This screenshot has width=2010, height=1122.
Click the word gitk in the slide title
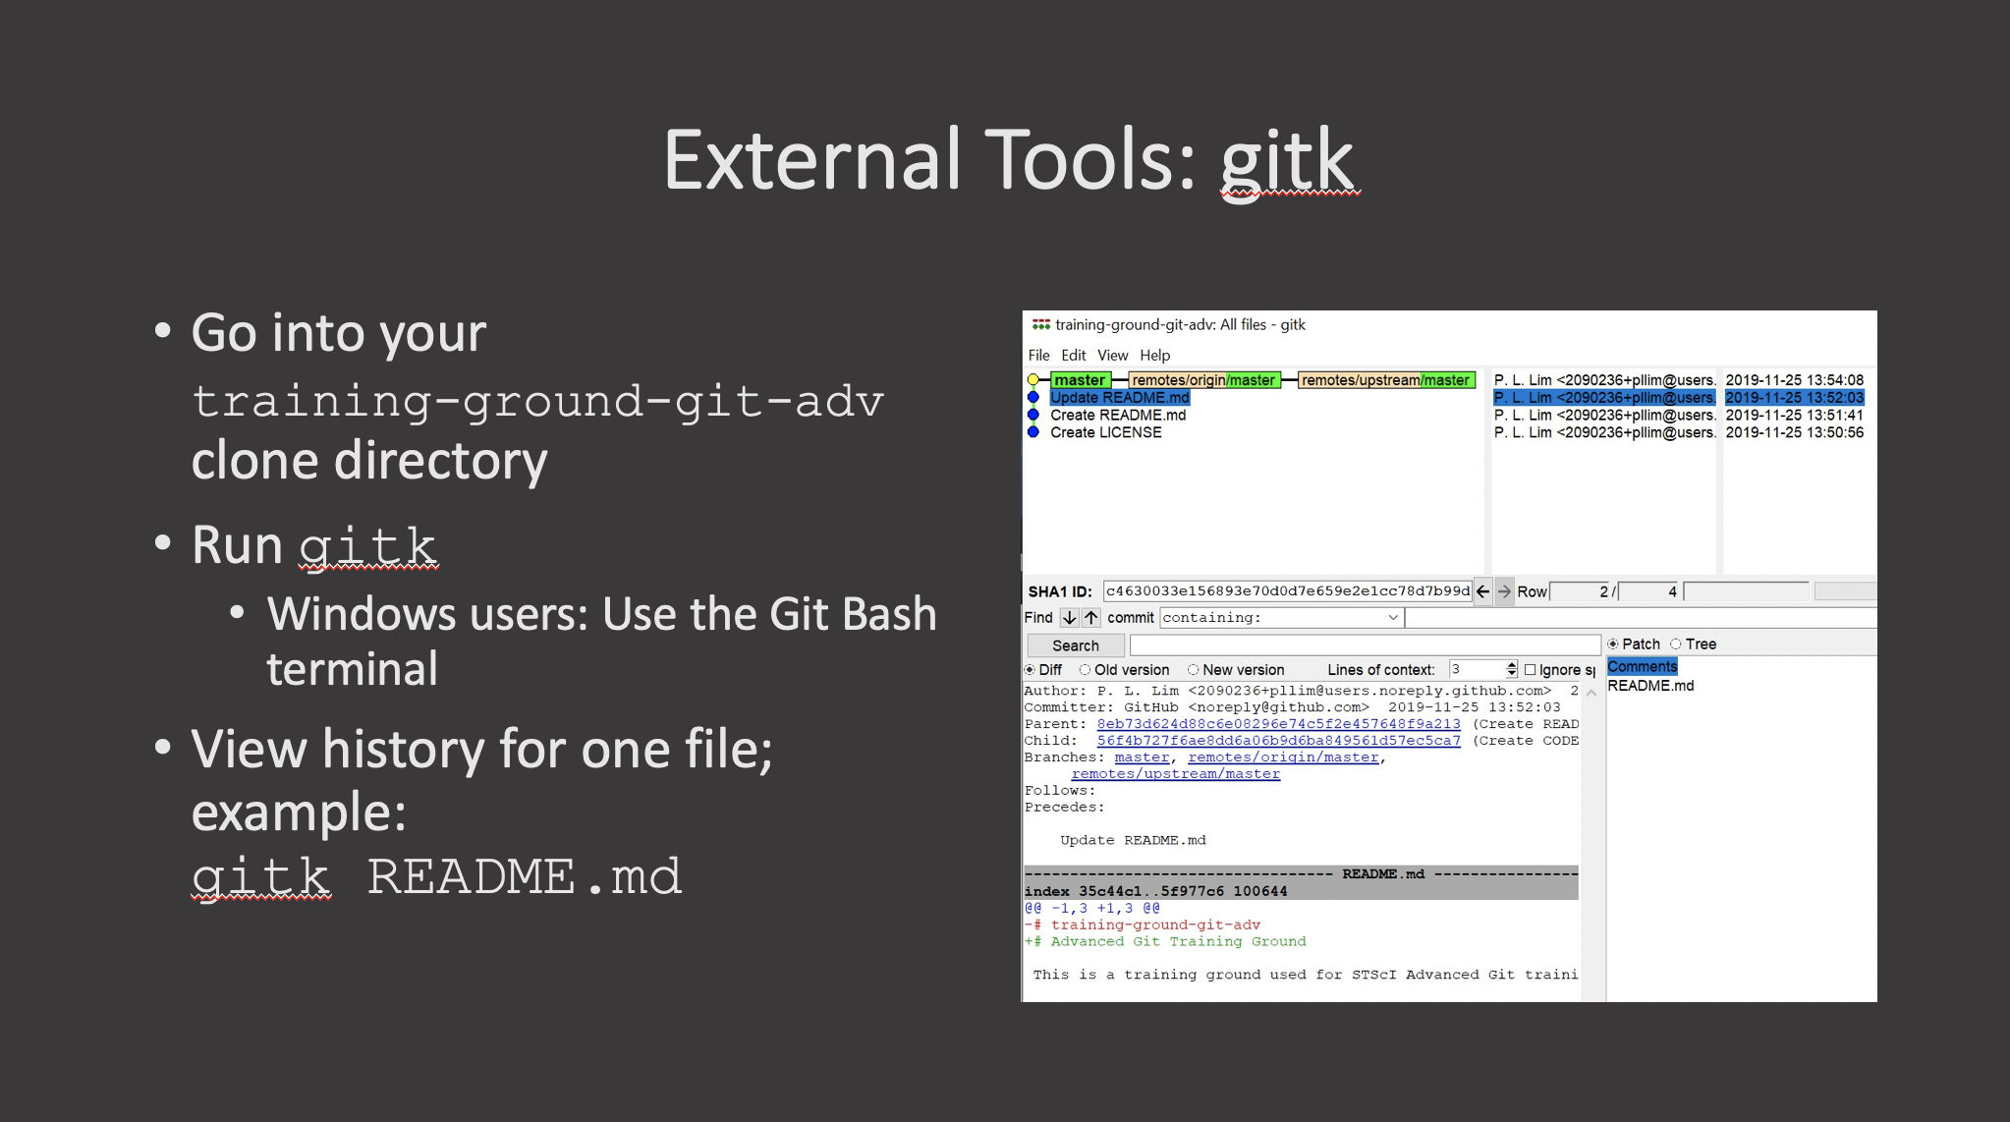tap(1287, 160)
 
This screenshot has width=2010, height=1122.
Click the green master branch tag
tap(1080, 380)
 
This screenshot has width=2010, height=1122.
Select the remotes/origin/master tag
tap(1203, 380)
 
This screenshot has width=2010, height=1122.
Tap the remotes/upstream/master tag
tap(1386, 380)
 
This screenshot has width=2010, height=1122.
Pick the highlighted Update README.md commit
tap(1119, 398)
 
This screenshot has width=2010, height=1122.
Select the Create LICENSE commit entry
tap(1105, 432)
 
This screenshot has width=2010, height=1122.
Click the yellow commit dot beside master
tap(1033, 380)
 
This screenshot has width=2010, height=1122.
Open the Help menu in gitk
tap(1154, 356)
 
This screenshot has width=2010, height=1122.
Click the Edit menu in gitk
tap(1073, 356)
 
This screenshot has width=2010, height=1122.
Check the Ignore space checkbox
tap(1530, 670)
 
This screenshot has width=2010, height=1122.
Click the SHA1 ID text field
tap(1287, 591)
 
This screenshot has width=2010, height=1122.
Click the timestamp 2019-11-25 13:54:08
tap(1794, 380)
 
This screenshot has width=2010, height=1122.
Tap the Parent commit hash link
tap(1278, 724)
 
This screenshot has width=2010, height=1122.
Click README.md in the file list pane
tap(1650, 686)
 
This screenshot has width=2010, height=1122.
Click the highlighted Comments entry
tap(1642, 667)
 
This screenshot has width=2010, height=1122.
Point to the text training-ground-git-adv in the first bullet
tap(537, 401)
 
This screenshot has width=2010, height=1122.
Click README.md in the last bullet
tap(524, 876)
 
